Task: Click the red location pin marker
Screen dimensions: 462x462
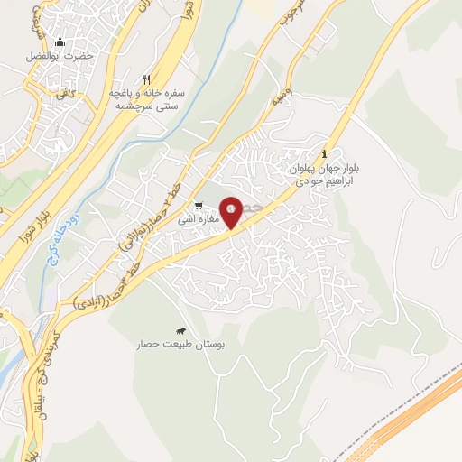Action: click(231, 211)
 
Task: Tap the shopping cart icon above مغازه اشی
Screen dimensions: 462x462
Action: click(199, 205)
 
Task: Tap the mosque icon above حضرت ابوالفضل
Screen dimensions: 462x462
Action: click(60, 42)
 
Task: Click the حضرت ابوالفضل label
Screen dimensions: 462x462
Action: click(60, 54)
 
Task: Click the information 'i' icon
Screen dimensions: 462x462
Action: click(325, 154)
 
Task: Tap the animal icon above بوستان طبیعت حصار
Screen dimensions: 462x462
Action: click(182, 331)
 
